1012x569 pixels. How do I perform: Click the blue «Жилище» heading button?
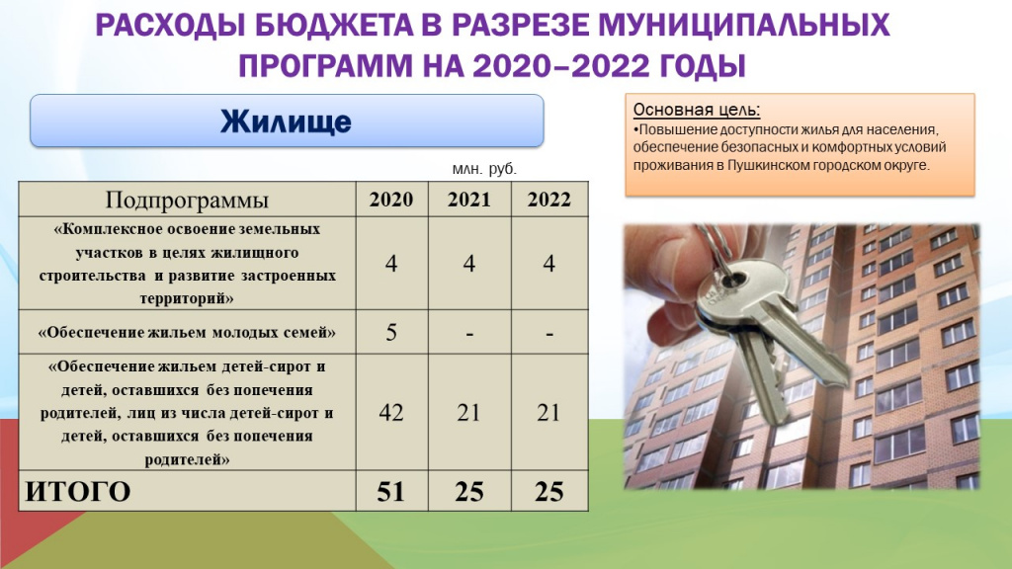(287, 121)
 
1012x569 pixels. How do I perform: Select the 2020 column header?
(391, 200)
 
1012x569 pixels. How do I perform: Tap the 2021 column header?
(469, 200)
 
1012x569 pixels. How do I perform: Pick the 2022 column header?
(549, 200)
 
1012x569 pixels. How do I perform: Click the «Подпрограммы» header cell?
(187, 200)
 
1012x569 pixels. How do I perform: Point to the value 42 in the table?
(391, 412)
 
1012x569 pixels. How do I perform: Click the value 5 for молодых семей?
(391, 332)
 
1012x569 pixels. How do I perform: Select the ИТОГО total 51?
(390, 492)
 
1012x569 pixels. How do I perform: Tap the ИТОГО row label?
(77, 492)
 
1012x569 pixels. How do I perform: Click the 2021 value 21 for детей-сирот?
(468, 412)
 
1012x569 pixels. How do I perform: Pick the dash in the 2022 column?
(549, 334)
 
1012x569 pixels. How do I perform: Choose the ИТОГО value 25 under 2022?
(549, 492)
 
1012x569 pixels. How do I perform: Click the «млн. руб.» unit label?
(484, 169)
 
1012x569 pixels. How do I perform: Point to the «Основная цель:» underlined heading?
(697, 110)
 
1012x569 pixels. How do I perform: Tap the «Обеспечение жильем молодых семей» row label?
(187, 332)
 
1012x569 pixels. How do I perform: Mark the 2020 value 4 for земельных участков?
(391, 263)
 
